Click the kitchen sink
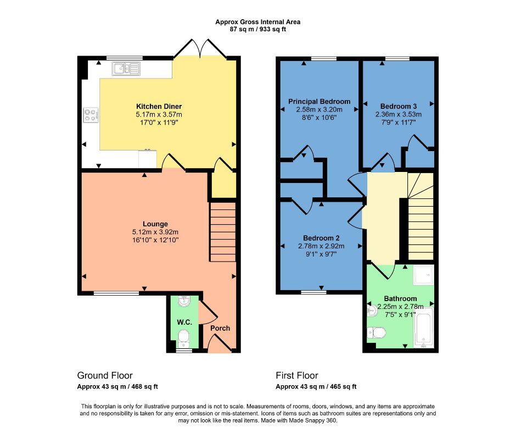point(126,68)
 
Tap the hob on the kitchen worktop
point(91,115)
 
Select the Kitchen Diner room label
point(159,106)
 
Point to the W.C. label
point(183,321)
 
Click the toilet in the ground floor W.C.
point(184,337)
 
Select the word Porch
point(220,328)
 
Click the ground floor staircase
point(222,231)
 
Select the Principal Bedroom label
point(319,102)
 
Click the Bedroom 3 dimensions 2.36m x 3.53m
point(398,114)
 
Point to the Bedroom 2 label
point(322,238)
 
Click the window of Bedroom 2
point(314,292)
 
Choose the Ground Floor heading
point(104,376)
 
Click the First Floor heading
point(296,376)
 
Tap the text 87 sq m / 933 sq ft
point(257,29)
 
